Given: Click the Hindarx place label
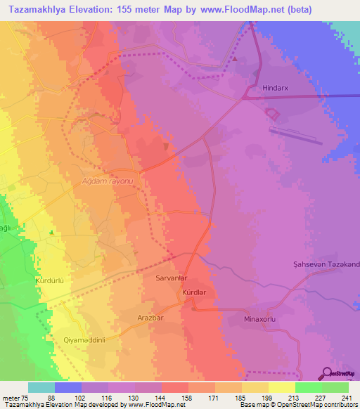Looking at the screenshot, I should click(275, 89).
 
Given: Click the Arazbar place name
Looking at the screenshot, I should click(150, 318).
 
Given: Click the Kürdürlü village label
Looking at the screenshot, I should click(50, 280).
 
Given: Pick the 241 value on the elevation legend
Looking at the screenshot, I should click(342, 397).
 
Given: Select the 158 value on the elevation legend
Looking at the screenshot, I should click(184, 397).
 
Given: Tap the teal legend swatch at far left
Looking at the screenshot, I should click(41, 387).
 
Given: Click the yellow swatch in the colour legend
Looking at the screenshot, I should click(282, 387).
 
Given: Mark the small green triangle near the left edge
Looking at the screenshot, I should click(51, 233).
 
